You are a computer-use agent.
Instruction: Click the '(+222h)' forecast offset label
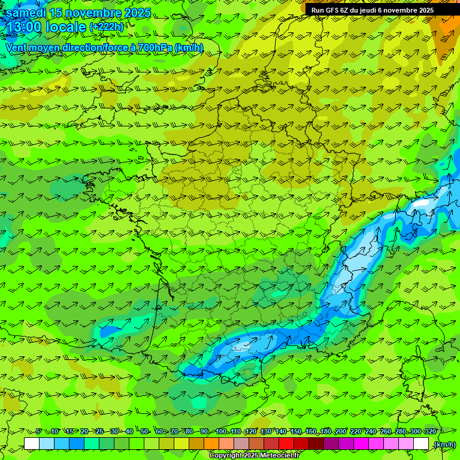click(x=106, y=27)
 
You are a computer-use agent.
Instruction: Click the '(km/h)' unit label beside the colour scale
click(x=444, y=444)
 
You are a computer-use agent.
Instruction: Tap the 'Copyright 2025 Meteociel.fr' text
click(x=254, y=455)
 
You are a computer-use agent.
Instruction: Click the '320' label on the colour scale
click(x=429, y=431)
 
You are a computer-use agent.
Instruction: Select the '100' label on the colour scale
click(x=220, y=431)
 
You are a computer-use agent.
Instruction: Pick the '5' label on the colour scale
click(x=39, y=431)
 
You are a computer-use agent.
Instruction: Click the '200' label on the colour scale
click(x=340, y=431)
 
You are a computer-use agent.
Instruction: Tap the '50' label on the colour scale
click(x=144, y=431)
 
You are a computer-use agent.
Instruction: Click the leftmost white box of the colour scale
click(x=32, y=444)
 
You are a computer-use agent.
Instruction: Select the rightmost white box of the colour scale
click(x=421, y=444)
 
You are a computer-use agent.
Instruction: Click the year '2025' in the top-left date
click(x=135, y=13)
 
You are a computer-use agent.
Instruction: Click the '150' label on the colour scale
click(x=295, y=431)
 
